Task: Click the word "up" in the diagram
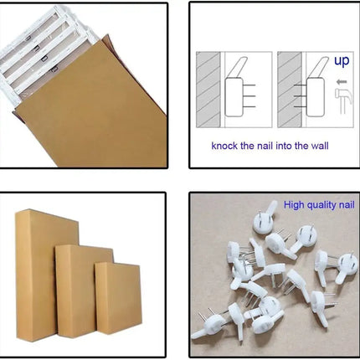[342, 61]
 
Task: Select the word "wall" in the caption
[317, 146]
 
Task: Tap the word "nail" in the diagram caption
[270, 146]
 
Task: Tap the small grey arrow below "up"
[340, 82]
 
